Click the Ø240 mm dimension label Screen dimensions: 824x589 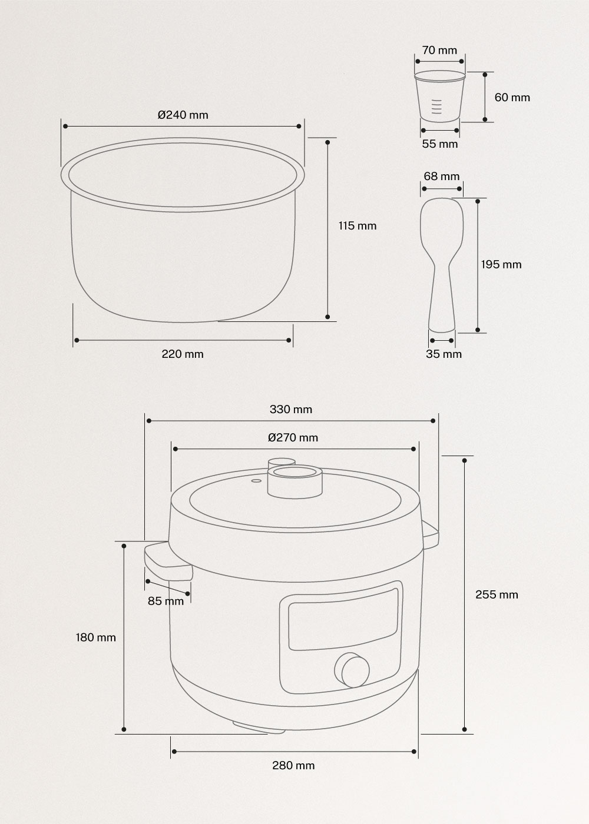[183, 115]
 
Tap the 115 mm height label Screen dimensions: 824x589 [357, 225]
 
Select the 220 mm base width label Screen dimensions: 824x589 [183, 354]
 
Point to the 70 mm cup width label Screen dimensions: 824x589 [439, 51]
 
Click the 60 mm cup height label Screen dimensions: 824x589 [512, 98]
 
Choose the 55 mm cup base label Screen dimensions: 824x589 [439, 144]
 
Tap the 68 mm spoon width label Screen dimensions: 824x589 [441, 177]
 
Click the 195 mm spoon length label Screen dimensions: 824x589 [501, 264]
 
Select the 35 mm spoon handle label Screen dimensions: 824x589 [444, 354]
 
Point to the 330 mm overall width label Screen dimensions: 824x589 [291, 410]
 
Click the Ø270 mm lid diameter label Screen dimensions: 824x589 [293, 437]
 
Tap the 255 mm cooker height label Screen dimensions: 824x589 [497, 594]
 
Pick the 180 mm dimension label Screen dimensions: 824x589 [95, 637]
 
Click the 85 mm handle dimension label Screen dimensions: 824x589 [166, 601]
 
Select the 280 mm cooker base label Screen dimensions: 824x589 [293, 765]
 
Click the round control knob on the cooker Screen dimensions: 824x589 [352, 669]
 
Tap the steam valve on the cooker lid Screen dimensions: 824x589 [294, 478]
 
